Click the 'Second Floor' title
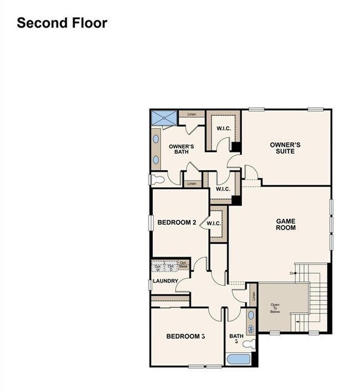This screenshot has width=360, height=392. click(61, 23)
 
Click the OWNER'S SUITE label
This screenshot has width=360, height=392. click(285, 148)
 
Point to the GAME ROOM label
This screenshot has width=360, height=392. click(286, 224)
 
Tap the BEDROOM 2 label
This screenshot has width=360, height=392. click(177, 223)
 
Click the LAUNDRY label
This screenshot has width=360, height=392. click(166, 281)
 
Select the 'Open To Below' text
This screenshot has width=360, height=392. click(275, 308)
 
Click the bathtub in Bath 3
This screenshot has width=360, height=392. click(239, 359)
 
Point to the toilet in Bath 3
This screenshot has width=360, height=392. click(250, 343)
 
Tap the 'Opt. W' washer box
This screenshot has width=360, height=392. click(158, 267)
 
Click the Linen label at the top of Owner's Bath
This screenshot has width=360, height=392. click(192, 115)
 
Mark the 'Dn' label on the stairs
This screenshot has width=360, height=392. click(292, 273)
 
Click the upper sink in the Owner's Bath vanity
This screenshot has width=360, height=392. click(156, 139)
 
